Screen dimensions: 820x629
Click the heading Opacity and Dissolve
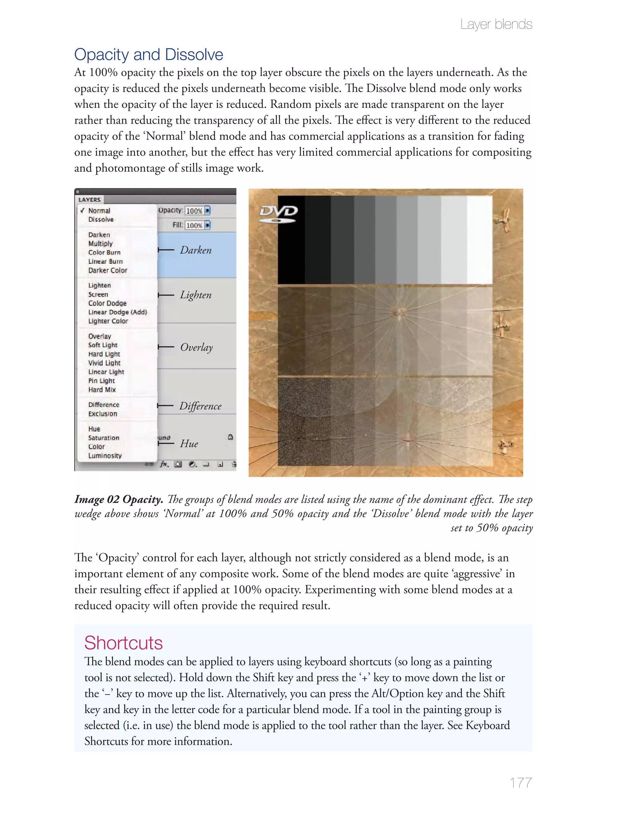148,55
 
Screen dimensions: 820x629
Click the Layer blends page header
496,24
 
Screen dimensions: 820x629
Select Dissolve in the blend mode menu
101,219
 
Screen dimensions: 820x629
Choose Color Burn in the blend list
104,252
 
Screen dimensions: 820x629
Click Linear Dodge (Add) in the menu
118,312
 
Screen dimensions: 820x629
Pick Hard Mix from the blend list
102,389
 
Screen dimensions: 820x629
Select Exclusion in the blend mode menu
103,414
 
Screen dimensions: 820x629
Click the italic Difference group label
200,406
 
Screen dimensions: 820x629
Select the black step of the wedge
291,240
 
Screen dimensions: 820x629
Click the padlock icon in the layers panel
230,437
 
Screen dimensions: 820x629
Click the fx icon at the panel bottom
164,464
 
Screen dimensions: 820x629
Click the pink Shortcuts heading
123,643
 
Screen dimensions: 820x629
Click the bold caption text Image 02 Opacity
118,499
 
